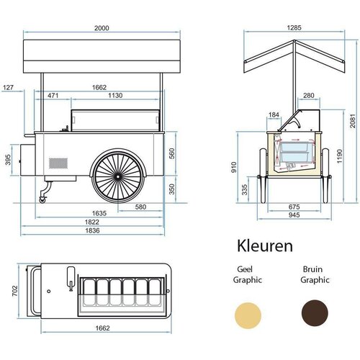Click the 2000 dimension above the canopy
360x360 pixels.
pos(102,28)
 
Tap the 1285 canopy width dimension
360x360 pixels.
pos(294,27)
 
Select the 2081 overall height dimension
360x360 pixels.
pos(352,121)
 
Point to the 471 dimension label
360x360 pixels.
pos(53,96)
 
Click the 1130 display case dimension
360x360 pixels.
pos(115,96)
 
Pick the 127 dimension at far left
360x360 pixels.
pos(8,88)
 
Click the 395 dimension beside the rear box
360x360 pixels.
pos(8,160)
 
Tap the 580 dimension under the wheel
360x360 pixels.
pos(140,207)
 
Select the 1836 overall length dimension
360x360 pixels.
pos(92,230)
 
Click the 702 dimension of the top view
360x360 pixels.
pos(15,291)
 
